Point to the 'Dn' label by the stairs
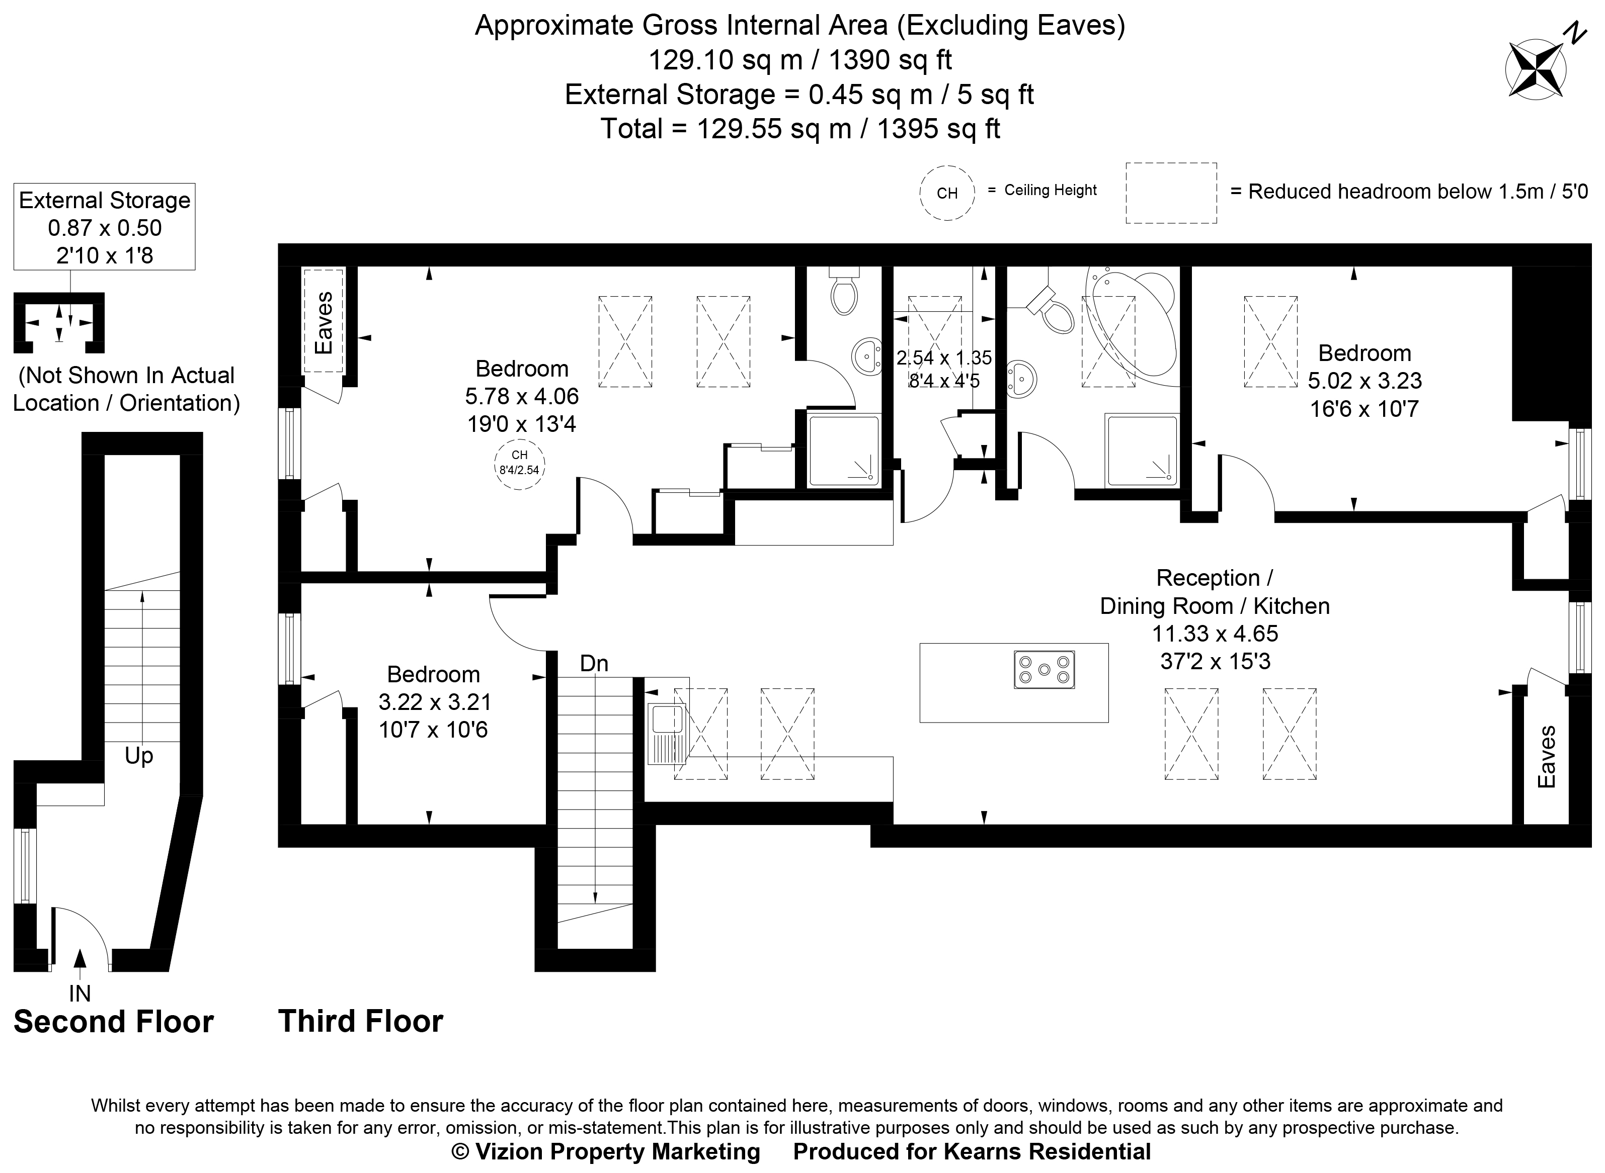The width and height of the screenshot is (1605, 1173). (594, 663)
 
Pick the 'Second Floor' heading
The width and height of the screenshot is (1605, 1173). (114, 1022)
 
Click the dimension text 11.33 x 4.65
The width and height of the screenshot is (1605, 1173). (1215, 634)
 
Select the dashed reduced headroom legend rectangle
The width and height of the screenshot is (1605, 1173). (1171, 193)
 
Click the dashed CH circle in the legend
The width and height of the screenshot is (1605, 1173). (946, 193)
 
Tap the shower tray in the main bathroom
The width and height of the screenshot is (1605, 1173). (1141, 451)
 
